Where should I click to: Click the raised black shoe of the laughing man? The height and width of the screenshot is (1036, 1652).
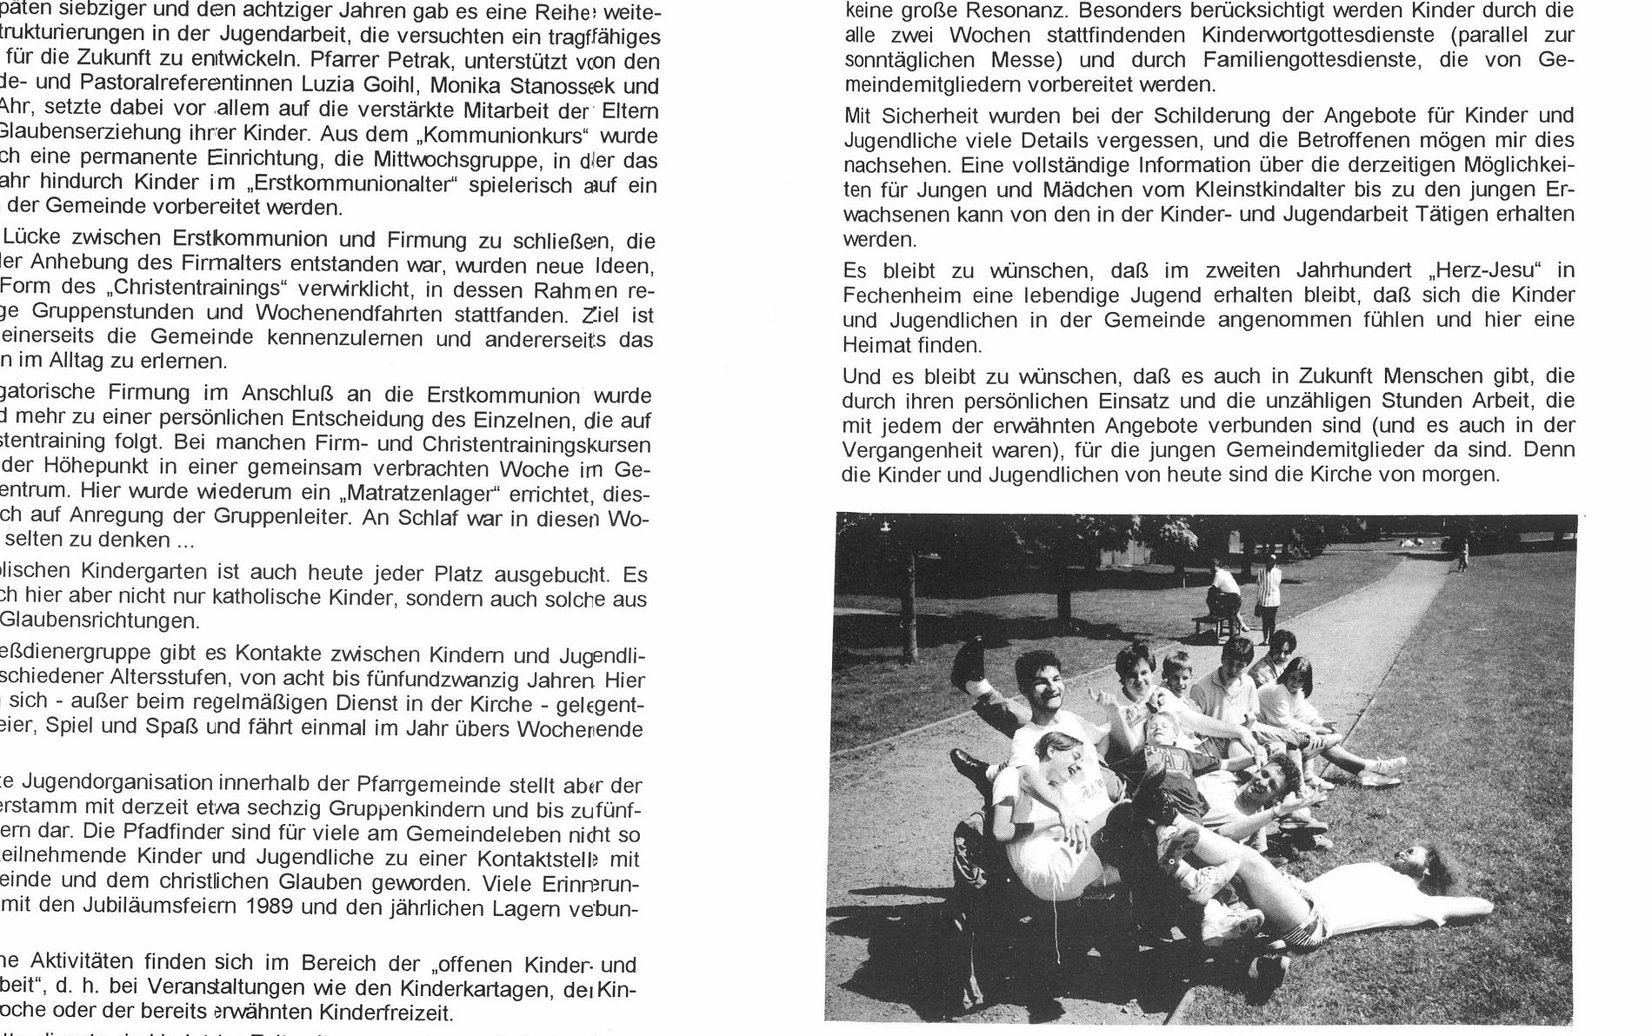[968, 666]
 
